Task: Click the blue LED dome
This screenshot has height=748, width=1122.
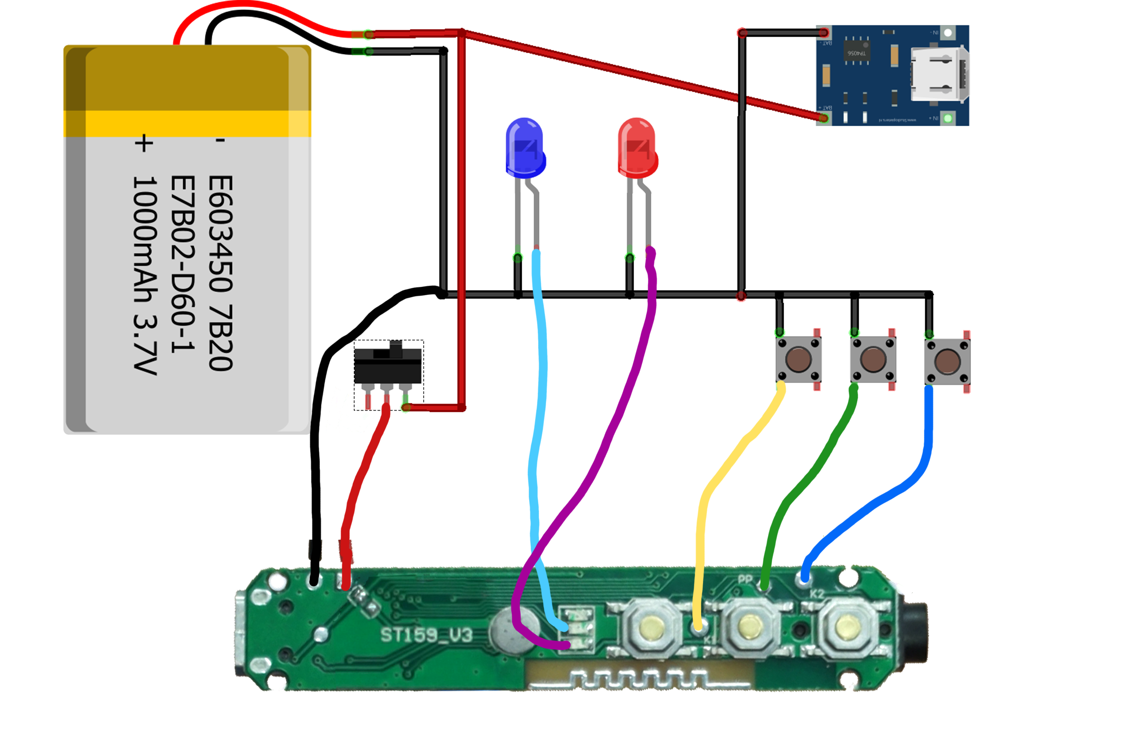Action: point(524,145)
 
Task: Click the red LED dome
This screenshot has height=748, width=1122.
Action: point(637,145)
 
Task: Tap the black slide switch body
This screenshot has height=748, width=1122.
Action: point(387,365)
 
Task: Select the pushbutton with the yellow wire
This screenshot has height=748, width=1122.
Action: point(798,359)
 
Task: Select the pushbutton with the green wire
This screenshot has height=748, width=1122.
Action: point(873,359)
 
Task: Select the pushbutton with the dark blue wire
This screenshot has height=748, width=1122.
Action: point(947,361)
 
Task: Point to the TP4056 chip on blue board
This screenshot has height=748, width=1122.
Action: point(857,52)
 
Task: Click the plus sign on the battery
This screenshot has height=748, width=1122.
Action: point(144,143)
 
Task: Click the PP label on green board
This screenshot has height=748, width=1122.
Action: point(745,580)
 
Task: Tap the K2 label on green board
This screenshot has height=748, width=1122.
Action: point(817,594)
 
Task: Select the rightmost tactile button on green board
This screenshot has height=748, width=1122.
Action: point(848,627)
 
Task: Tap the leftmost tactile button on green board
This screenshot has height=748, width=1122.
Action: point(651,626)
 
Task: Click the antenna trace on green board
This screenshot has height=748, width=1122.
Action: point(639,677)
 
